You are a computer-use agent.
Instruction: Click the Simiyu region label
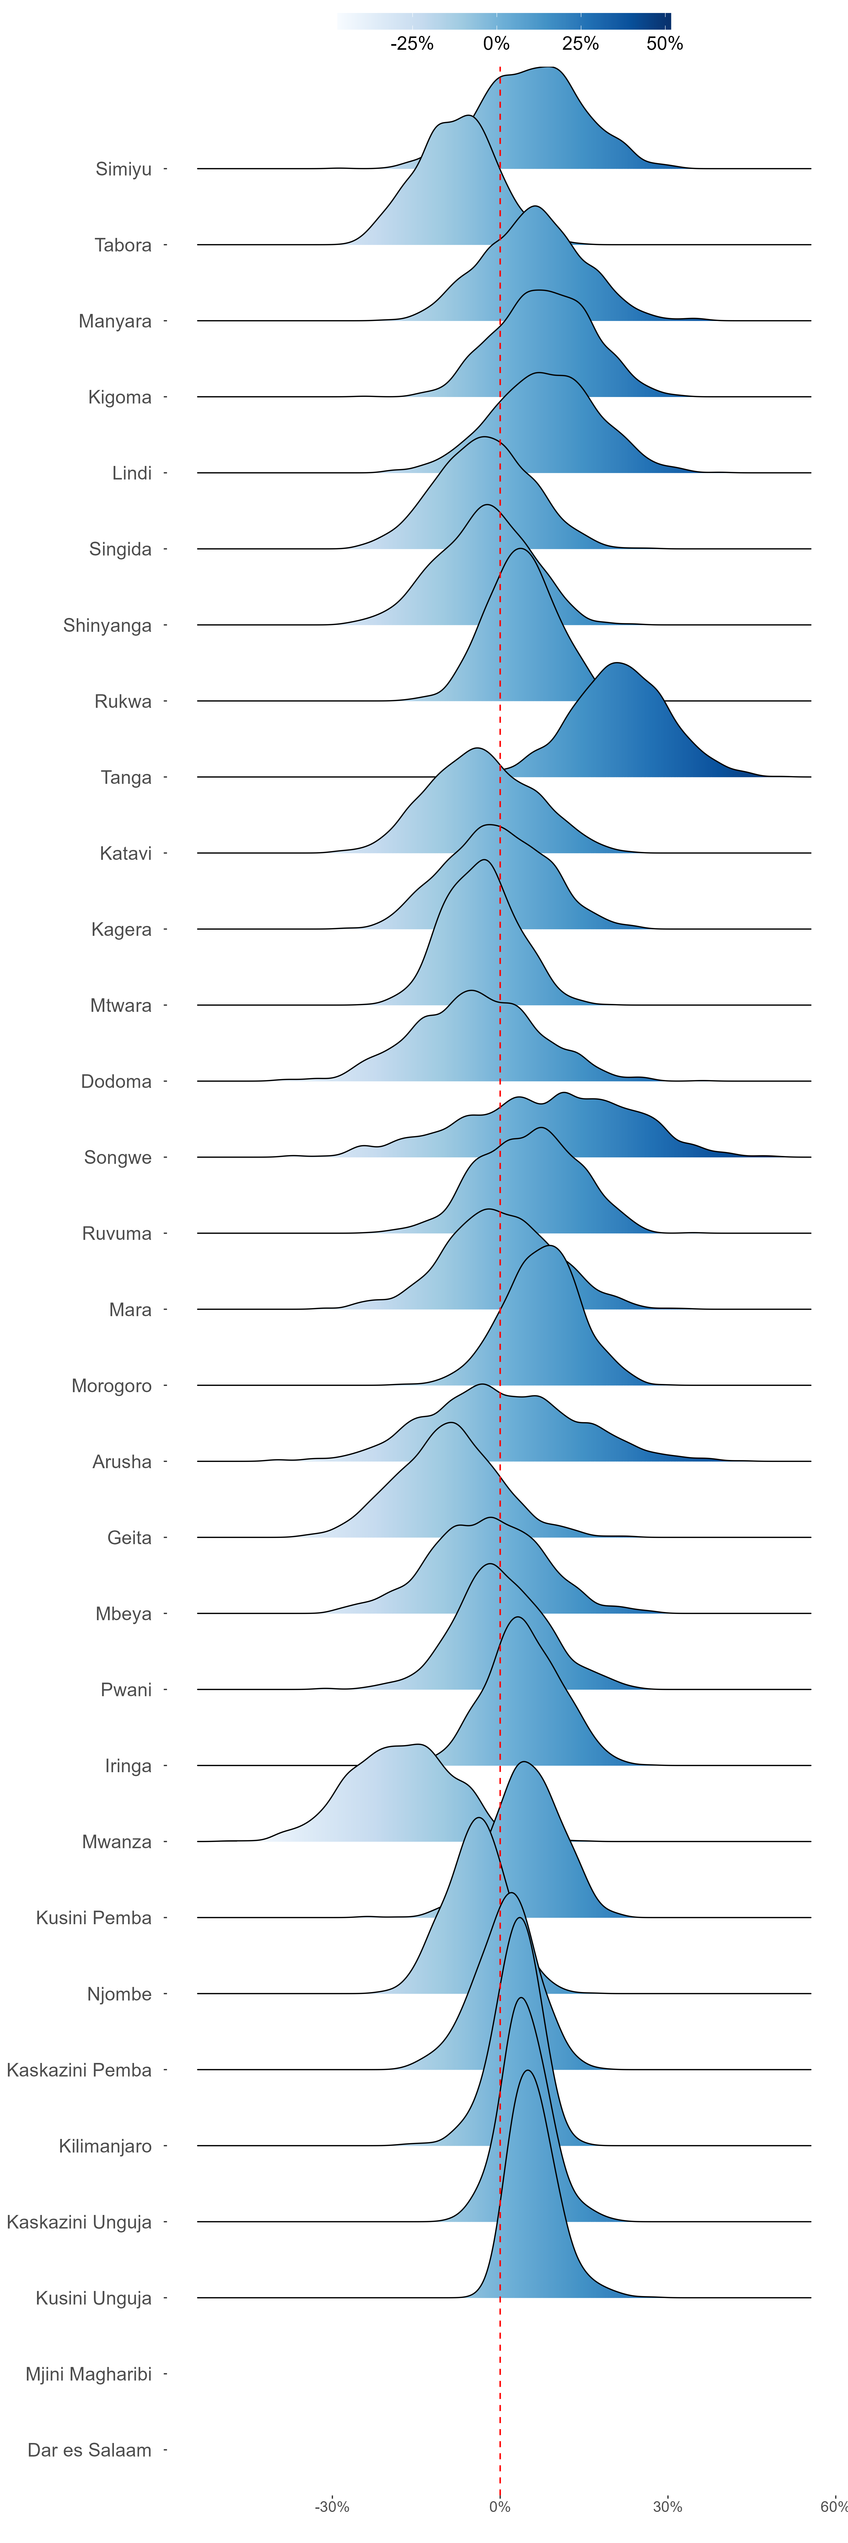tap(124, 169)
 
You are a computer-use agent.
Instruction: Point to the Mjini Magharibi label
tap(89, 2373)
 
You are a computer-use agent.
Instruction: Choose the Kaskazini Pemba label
tap(79, 2069)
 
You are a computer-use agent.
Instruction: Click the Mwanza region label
tap(116, 1841)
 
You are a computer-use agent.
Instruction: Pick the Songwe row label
tap(118, 1157)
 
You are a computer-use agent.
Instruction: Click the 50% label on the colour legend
tap(664, 44)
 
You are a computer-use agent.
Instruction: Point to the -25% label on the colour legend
tap(412, 44)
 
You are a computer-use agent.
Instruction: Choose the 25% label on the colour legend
tap(581, 44)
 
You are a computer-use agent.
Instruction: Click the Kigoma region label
tap(120, 397)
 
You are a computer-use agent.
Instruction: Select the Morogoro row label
tap(112, 1385)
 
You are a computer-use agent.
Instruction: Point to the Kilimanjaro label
tap(105, 2145)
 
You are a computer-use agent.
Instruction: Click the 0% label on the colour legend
tap(497, 44)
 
